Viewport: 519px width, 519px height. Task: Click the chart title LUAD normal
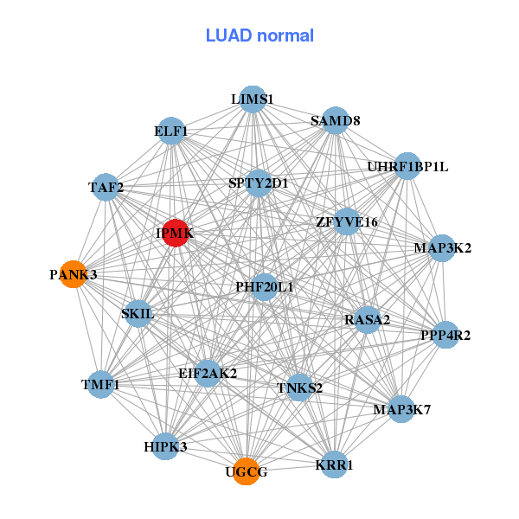259,35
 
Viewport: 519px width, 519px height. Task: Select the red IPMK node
176,234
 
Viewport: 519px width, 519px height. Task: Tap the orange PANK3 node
74,274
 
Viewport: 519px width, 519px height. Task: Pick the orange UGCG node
247,471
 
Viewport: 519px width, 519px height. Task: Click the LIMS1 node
253,99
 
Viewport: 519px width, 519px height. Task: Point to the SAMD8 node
335,121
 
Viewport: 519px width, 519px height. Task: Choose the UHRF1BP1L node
407,166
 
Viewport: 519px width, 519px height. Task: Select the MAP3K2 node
442,248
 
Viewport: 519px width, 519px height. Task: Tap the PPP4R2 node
445,335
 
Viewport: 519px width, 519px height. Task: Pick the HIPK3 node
165,446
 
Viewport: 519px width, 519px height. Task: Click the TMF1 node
101,383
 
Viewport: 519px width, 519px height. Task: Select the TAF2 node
106,187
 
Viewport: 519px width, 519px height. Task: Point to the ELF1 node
171,131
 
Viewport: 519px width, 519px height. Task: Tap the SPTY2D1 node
259,183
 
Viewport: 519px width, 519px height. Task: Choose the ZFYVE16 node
347,222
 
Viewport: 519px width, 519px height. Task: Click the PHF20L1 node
264,286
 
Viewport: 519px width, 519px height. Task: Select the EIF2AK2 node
208,374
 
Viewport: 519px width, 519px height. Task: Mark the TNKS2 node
299,387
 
